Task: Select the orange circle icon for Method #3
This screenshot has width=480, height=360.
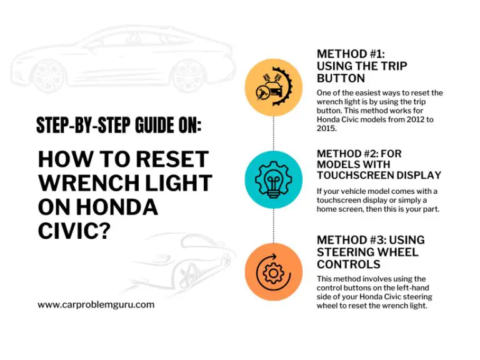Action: coord(273,273)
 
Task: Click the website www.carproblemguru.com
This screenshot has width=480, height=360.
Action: coord(96,305)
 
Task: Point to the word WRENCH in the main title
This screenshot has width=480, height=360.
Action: coord(86,183)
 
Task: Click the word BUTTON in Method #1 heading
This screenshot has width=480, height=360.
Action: coord(341,79)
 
